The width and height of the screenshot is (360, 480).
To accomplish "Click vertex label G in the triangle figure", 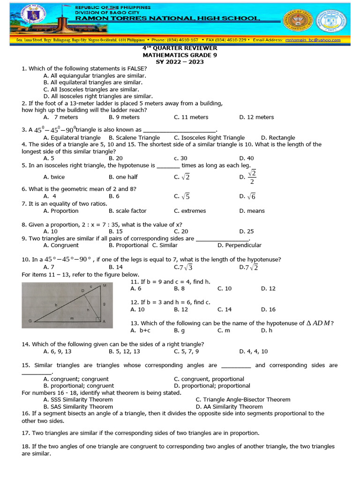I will (30, 321).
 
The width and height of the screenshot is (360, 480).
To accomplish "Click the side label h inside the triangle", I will (87, 310).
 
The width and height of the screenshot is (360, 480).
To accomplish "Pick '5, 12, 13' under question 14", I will (124, 351).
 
